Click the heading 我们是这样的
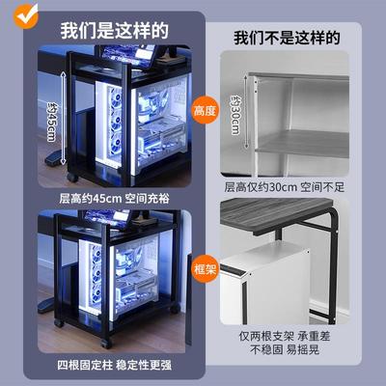pos(108,30)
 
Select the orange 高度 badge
pos(206,113)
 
